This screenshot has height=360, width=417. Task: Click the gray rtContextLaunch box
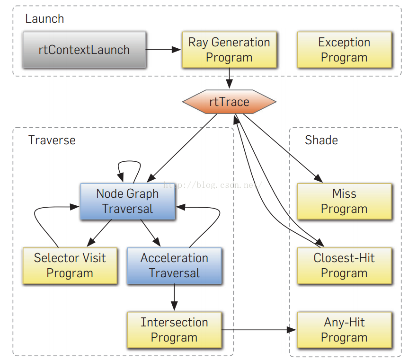[84, 50]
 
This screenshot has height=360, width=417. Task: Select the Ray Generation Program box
[229, 50]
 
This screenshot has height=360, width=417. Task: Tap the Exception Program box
[345, 50]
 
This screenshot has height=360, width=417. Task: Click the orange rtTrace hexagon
[229, 102]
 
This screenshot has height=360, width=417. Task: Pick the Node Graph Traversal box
[128, 201]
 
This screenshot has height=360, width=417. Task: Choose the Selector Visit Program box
[70, 265]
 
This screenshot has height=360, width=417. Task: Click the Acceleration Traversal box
[175, 265]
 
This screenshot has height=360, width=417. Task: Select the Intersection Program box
[175, 330]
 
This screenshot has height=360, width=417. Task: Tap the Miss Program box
[345, 201]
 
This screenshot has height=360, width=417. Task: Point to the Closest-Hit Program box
[345, 265]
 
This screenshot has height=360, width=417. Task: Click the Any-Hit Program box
[345, 330]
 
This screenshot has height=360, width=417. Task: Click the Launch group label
[44, 18]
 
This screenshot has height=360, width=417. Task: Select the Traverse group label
[52, 140]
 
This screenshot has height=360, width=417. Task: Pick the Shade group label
[321, 140]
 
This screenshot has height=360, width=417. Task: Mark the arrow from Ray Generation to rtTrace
[229, 78]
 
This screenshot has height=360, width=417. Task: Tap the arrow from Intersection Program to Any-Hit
[259, 330]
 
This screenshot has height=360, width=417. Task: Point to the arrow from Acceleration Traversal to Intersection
[175, 297]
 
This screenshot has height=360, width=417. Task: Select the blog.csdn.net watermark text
[213, 184]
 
